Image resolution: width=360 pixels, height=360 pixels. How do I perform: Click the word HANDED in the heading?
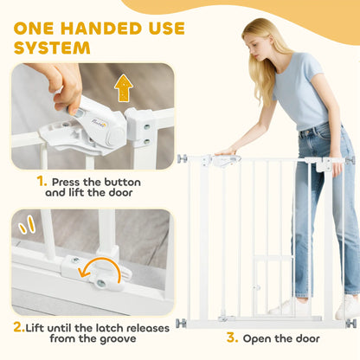(101, 29)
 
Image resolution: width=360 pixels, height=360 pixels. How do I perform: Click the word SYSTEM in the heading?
(52, 48)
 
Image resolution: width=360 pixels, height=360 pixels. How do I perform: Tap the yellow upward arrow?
(124, 87)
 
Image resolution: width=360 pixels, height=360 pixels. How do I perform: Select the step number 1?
(42, 182)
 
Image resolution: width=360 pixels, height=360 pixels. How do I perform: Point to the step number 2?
(19, 327)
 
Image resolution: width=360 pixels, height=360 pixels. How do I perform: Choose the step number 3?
(232, 337)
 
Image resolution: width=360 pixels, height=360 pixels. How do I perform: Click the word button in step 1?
(122, 183)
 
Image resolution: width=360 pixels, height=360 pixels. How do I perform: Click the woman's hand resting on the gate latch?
(226, 151)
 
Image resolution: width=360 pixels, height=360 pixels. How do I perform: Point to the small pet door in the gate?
(273, 285)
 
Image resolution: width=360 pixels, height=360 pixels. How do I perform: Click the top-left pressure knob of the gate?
(183, 158)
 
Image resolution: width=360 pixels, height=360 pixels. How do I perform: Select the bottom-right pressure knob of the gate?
(350, 324)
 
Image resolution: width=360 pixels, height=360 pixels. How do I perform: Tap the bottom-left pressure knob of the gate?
(181, 323)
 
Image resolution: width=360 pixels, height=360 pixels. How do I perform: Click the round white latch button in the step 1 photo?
(114, 134)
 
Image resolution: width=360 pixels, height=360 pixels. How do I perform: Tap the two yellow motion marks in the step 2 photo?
(27, 225)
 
